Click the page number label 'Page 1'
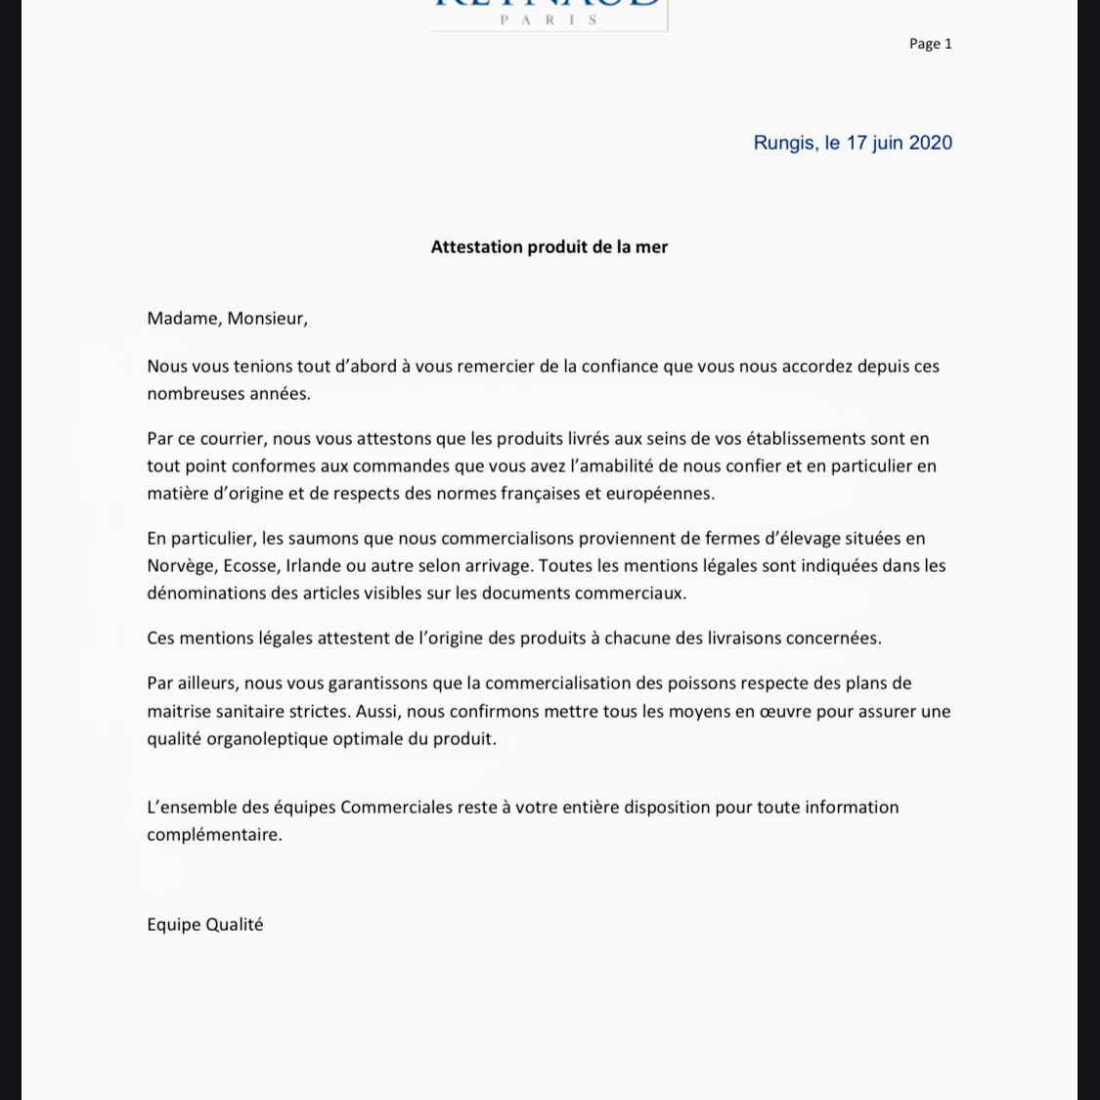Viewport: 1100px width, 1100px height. coord(930,43)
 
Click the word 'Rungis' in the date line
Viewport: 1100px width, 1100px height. coord(783,143)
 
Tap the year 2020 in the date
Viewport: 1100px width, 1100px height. coord(930,143)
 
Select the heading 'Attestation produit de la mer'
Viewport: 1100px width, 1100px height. coord(550,246)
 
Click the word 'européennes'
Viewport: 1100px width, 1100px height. coord(660,494)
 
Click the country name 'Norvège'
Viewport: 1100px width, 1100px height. coord(181,566)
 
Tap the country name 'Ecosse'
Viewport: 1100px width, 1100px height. coord(251,566)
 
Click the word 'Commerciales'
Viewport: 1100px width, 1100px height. coord(396,808)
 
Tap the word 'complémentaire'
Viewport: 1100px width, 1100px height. coord(214,835)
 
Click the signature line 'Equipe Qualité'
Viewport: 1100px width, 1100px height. coord(205,925)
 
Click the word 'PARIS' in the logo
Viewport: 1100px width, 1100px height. coord(549,20)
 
